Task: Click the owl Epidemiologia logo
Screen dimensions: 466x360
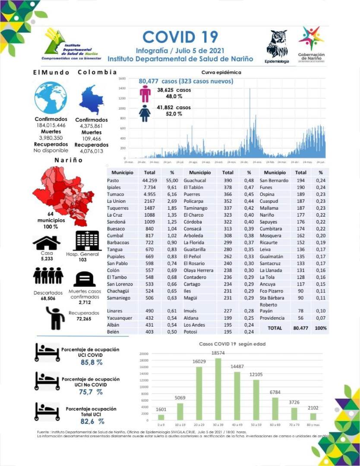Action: [x=277, y=44]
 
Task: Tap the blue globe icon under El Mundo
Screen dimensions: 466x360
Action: [x=51, y=98]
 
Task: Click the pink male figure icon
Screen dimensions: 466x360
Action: [x=145, y=93]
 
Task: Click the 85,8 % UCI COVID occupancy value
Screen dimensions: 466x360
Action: [x=92, y=362]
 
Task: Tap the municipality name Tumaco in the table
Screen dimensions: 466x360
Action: [x=115, y=195]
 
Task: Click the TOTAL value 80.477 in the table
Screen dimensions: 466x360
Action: [x=300, y=328]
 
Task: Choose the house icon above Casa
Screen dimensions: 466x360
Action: [x=47, y=243]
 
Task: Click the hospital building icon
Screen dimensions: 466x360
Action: [x=88, y=241]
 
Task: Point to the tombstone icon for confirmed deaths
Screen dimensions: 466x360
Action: [x=85, y=279]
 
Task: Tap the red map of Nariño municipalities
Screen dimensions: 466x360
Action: [x=63, y=194]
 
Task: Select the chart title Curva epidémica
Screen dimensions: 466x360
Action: [x=221, y=72]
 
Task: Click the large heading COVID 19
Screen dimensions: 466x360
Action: [x=180, y=37]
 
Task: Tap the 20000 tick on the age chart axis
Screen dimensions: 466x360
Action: [x=144, y=354]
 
